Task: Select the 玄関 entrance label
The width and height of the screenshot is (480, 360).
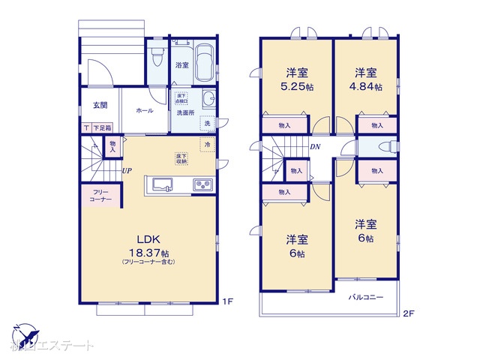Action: (x=100, y=105)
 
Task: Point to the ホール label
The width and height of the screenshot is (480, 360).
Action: (x=144, y=110)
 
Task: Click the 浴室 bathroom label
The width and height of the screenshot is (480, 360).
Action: (x=181, y=65)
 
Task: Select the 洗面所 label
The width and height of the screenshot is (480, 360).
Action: (x=184, y=112)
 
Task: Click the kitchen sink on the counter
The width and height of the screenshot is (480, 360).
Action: (x=162, y=184)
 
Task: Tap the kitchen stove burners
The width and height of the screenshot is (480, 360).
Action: (x=202, y=184)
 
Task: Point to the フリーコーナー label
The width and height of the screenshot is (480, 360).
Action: (x=100, y=196)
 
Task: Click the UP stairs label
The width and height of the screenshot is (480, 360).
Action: (x=127, y=171)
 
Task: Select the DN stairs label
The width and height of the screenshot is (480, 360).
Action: (x=316, y=148)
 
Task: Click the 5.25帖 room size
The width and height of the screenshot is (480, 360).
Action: (x=298, y=87)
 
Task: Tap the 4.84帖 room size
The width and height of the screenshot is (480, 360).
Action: (x=367, y=87)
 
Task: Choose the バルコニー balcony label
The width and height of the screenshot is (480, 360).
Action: (x=366, y=297)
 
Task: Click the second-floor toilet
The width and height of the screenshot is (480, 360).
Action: (x=380, y=147)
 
